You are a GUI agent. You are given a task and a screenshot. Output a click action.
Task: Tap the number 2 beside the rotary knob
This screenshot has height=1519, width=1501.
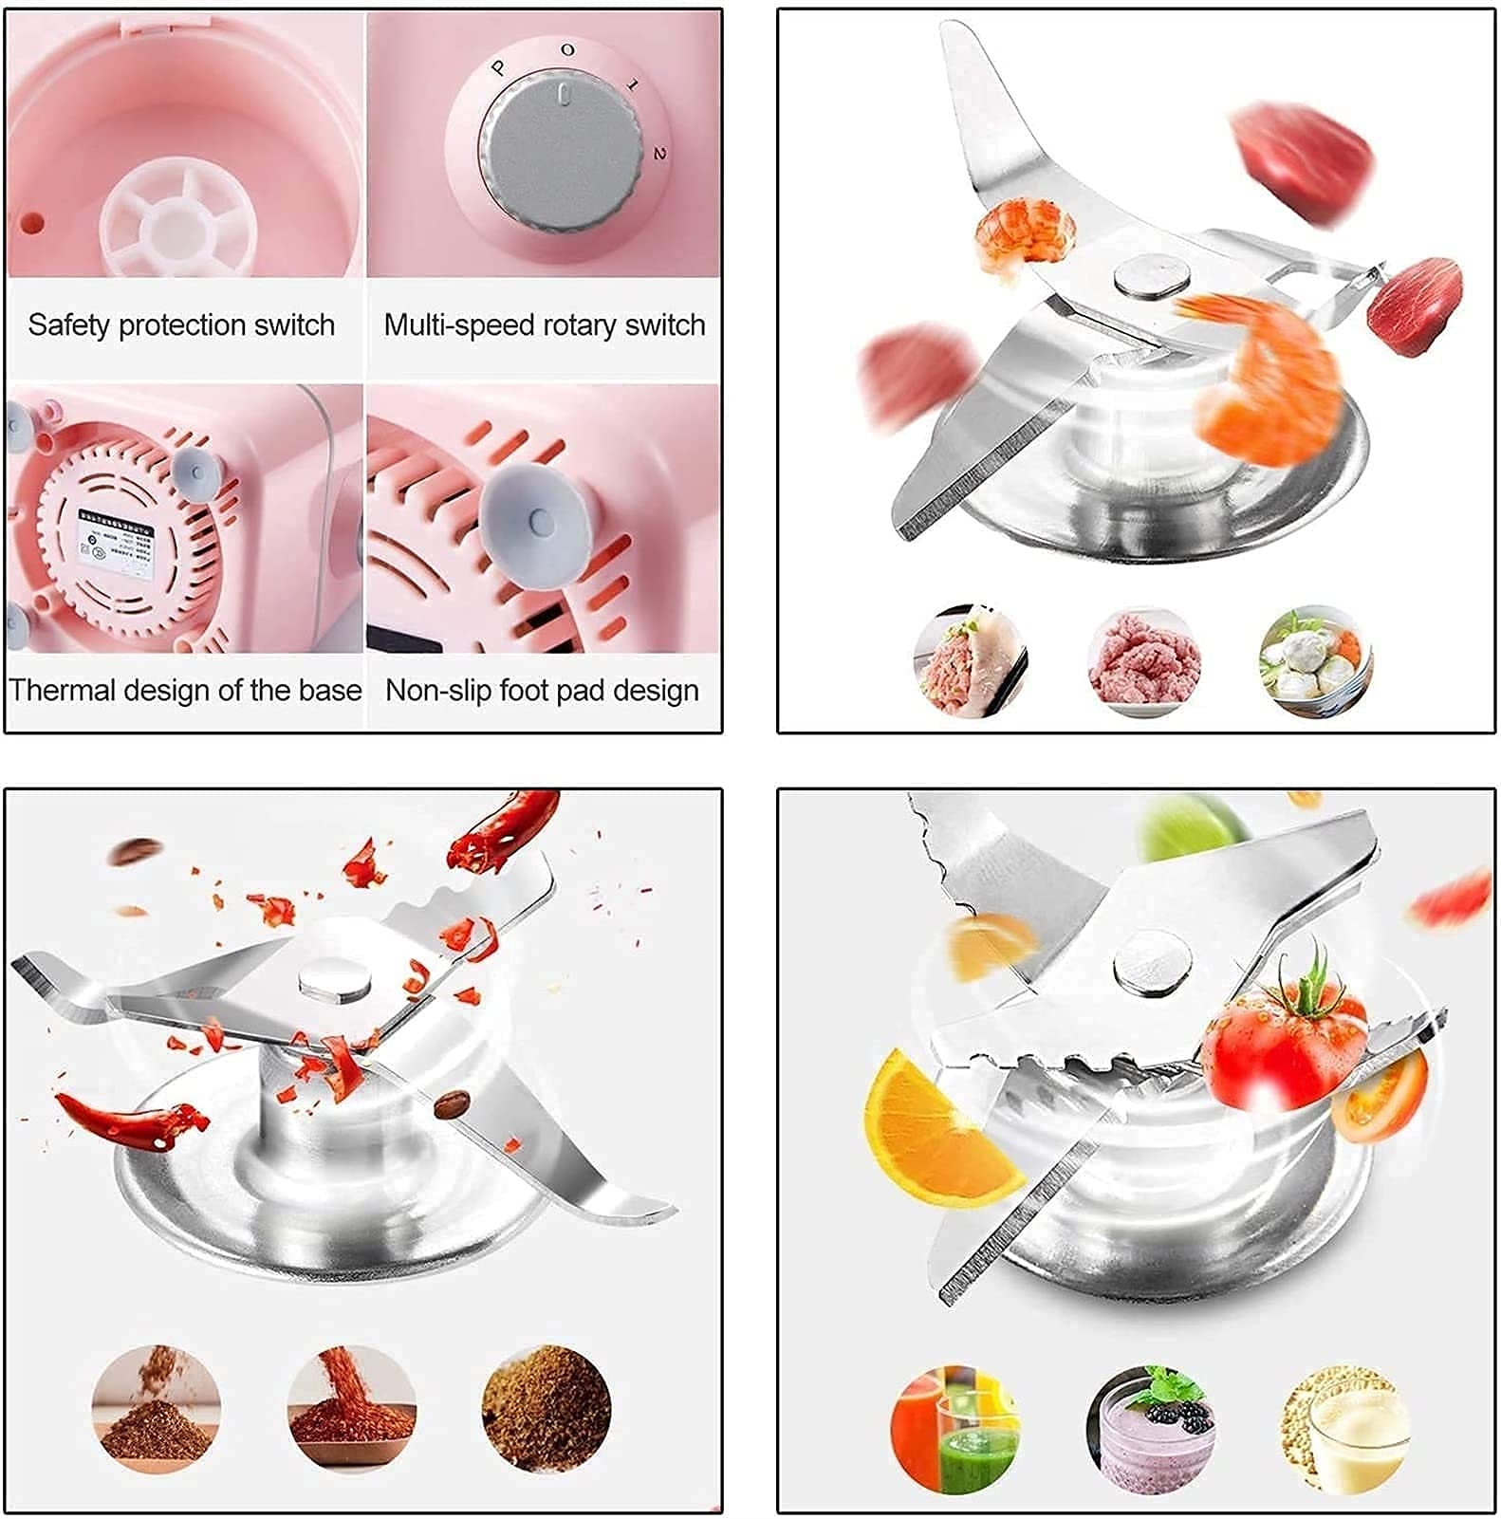tap(658, 153)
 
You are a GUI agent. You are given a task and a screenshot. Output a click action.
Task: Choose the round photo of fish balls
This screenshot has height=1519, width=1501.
tap(1315, 662)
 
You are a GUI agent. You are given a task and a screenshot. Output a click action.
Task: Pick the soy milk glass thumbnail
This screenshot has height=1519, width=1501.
tap(1345, 1429)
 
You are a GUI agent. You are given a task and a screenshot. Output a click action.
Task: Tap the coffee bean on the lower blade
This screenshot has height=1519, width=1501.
tap(451, 1104)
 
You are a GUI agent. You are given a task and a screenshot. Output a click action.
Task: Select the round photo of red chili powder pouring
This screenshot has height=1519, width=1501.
tap(351, 1409)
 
